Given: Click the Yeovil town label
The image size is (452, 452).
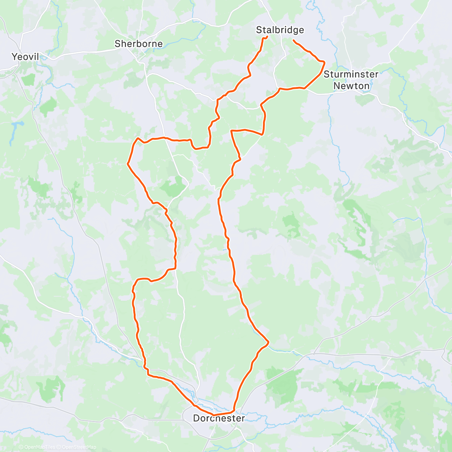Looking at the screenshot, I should tap(25, 57).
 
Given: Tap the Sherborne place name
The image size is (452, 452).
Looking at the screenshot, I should tap(139, 44).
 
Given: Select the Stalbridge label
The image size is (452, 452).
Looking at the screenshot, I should tap(280, 30).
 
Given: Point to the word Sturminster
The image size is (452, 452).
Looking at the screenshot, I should tap(351, 74).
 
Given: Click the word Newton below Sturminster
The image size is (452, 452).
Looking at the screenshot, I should tap(351, 86).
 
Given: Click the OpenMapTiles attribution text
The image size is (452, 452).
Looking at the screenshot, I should tap(39, 447).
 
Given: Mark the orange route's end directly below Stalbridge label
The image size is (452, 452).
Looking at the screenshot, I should tap(267, 37).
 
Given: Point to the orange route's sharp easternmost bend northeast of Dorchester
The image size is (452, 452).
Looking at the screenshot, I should tap(269, 342).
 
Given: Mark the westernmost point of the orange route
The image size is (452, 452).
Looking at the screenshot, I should tap(128, 164).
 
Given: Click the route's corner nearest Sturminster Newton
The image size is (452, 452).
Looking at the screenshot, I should tap(324, 62).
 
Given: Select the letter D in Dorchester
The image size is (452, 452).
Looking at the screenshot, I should tap(196, 418).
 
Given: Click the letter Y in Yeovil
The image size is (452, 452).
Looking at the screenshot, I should tap(15, 57).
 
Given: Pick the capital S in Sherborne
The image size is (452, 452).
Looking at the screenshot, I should tap(118, 44).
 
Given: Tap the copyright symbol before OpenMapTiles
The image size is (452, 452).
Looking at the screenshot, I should tap(21, 447).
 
